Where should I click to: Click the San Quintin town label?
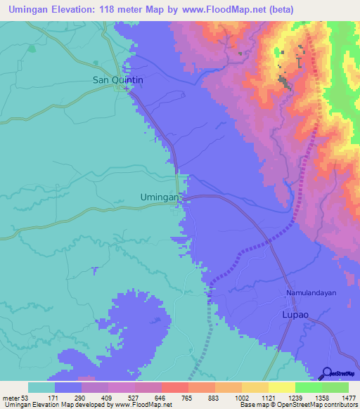pos(118,80)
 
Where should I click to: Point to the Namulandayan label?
pos(312,292)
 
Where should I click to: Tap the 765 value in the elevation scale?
pos(188,397)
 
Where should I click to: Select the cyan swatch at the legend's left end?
pos(41,387)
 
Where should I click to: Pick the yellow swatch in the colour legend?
pos(282,387)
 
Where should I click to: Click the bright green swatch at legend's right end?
pos(335,387)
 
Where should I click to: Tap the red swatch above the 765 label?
pos(175,387)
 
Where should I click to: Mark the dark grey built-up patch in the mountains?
pos(286,83)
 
